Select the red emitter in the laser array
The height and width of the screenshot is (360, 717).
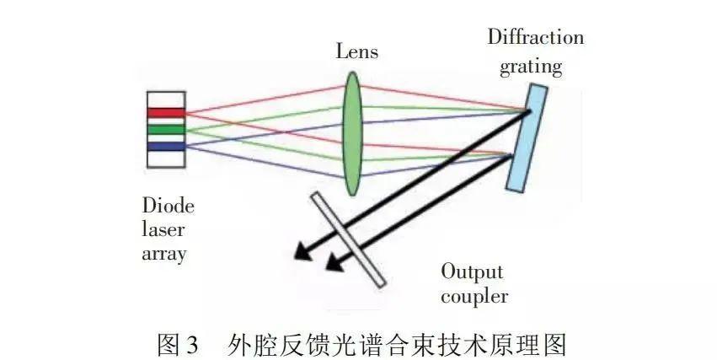click(x=165, y=113)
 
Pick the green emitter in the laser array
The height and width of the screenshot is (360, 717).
click(x=165, y=130)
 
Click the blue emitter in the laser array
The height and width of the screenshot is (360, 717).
click(x=165, y=147)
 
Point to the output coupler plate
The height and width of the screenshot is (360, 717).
click(x=348, y=239)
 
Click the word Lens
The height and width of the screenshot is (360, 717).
click(x=356, y=52)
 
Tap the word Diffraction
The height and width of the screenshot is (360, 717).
click(x=535, y=38)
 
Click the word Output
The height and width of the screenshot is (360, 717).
click(x=473, y=272)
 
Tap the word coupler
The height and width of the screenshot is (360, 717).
click(x=474, y=296)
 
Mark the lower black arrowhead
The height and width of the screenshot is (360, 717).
click(x=333, y=265)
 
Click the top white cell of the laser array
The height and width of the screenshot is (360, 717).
click(x=165, y=99)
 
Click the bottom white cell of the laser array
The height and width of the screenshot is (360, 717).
click(x=165, y=159)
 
